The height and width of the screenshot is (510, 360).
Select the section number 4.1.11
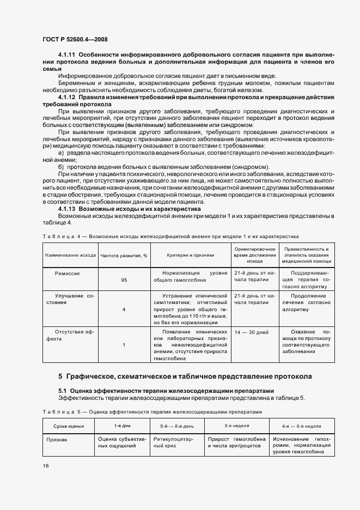tap(67, 56)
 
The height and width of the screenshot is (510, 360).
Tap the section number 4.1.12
tap(67, 96)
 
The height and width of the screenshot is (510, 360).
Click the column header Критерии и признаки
tap(191, 254)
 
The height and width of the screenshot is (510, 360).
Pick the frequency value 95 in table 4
tap(124, 280)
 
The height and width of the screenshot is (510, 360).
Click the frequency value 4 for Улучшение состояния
tap(124, 309)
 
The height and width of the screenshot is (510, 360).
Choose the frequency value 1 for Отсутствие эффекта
tap(124, 345)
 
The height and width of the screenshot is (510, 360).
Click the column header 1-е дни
tap(122, 426)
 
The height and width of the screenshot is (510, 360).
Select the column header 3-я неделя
tap(236, 426)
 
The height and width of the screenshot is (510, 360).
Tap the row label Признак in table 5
tap(57, 439)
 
